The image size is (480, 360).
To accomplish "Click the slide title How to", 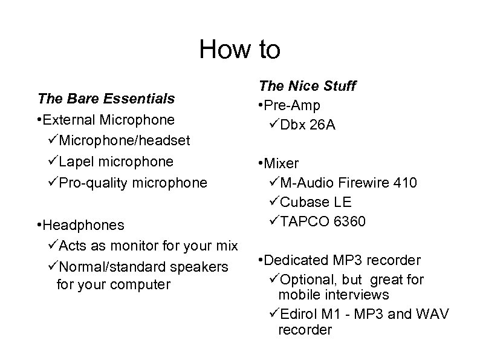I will point(240,50).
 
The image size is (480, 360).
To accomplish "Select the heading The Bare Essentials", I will point(106,98).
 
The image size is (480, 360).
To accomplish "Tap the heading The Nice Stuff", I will point(306,87).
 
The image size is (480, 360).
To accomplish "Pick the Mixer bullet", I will point(279,163).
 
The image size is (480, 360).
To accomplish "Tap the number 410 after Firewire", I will point(404,183).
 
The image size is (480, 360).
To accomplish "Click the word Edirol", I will point(299,314).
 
